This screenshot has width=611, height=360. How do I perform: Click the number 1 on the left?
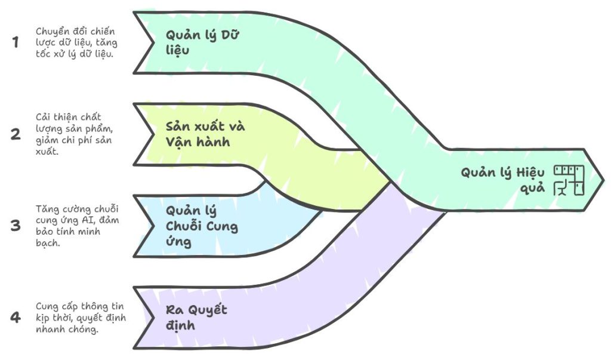coord(16,42)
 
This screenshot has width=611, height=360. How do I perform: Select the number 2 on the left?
coord(16,134)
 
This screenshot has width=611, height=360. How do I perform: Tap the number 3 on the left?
coord(16,226)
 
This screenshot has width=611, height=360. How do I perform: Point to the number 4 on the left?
coord(16,317)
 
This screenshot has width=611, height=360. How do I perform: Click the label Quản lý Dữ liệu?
coord(202,42)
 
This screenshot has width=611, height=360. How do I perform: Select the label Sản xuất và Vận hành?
coord(205,134)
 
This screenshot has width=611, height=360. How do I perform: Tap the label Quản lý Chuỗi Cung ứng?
coord(202,226)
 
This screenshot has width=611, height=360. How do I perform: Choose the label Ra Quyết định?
coord(196,318)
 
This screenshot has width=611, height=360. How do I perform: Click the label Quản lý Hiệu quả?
coord(502,180)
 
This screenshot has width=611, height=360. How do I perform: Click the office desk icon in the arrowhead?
coord(569,180)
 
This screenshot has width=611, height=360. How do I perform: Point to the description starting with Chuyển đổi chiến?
coord(76,42)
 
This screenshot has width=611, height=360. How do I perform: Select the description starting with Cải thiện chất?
coord(74,134)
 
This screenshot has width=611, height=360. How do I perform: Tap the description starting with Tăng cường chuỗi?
coord(77,226)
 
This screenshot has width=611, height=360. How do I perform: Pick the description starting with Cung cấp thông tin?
coord(81,318)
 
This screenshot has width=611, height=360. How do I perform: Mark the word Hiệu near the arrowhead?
coord(530,173)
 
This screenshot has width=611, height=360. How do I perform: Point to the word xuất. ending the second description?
coord(47,152)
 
